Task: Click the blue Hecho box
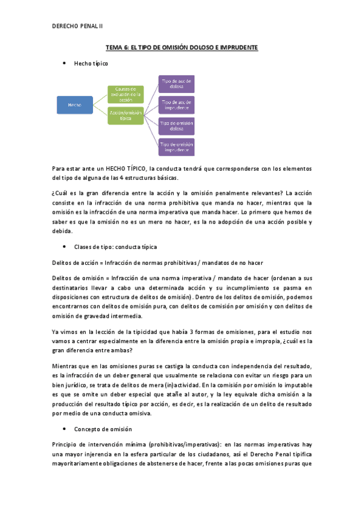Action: (75, 105)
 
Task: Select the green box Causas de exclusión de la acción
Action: (125, 93)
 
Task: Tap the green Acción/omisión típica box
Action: (125, 115)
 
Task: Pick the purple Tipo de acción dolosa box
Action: (176, 83)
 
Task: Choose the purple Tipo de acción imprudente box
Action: (176, 104)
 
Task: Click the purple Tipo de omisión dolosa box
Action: (176, 126)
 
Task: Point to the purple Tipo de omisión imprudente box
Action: (176, 146)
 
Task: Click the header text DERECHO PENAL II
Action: (78, 26)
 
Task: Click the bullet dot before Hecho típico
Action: (64, 63)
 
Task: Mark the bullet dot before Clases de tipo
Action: (64, 247)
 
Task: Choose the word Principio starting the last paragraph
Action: (67, 444)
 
